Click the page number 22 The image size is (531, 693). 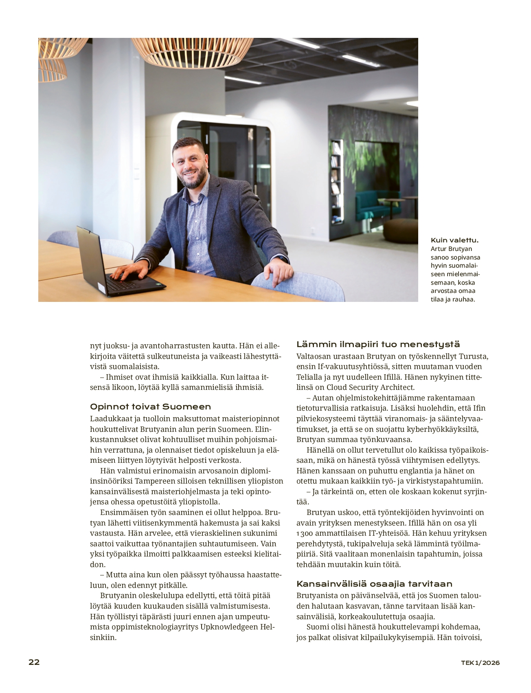34,662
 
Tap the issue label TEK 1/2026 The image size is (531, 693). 480,663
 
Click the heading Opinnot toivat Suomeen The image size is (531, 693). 150,407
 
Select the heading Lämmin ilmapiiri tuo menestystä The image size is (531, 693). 378,344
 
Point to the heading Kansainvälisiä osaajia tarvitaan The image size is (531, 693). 374,584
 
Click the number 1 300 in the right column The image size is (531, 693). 305,533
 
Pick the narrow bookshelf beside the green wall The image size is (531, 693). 336,179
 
